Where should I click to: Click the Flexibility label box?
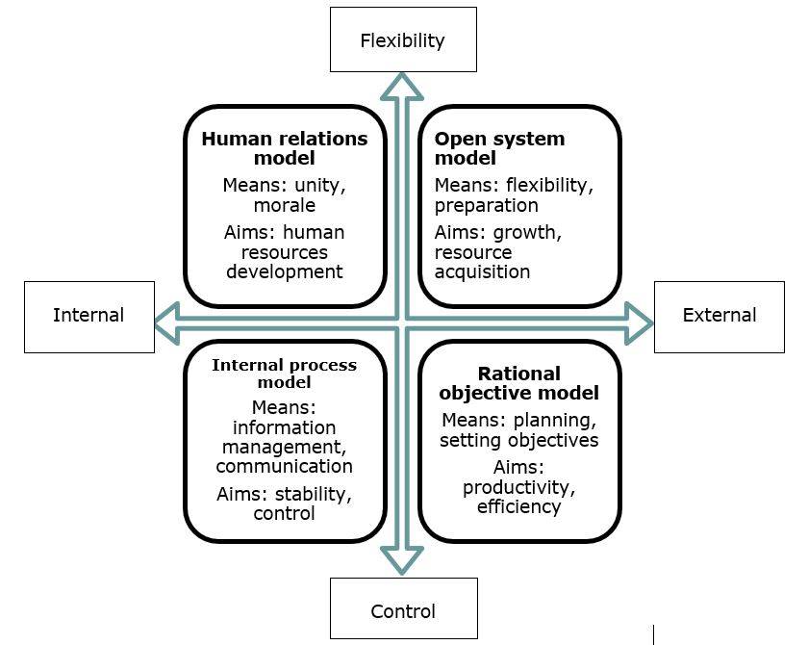pyautogui.click(x=403, y=39)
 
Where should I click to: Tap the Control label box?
pyautogui.click(x=403, y=610)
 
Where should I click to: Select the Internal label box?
pyautogui.click(x=88, y=316)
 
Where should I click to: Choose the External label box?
pyautogui.click(x=719, y=316)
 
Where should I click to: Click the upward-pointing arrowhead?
pyautogui.click(x=403, y=87)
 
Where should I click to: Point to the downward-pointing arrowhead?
pyautogui.click(x=403, y=560)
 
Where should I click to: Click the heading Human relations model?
pyautogui.click(x=285, y=148)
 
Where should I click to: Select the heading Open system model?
pyautogui.click(x=499, y=148)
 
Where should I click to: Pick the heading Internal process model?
pyautogui.click(x=284, y=374)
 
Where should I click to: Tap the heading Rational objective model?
pyautogui.click(x=518, y=383)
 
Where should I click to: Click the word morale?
pyautogui.click(x=285, y=206)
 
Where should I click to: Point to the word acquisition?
pyautogui.click(x=482, y=271)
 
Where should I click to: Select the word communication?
pyautogui.click(x=284, y=466)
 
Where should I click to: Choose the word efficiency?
pyautogui.click(x=518, y=505)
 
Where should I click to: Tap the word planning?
pyautogui.click(x=558, y=421)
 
